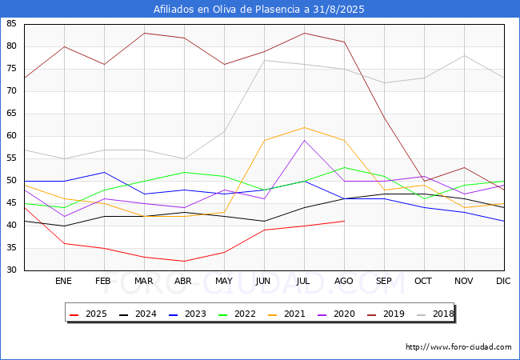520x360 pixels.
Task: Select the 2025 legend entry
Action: (88, 314)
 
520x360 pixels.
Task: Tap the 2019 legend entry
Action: (386, 314)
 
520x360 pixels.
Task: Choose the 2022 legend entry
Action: (237, 314)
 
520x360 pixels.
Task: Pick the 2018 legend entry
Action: (435, 314)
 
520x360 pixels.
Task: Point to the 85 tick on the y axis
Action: (11, 23)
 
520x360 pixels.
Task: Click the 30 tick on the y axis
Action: (11, 270)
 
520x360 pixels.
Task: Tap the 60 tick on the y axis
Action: (11, 135)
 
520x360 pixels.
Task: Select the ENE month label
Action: (63, 281)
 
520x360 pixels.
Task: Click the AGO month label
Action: (343, 281)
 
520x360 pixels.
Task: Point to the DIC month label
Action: (503, 281)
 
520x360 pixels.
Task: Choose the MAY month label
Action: (224, 281)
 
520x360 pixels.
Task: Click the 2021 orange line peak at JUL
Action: (304, 127)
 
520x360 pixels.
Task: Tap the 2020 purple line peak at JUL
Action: (304, 141)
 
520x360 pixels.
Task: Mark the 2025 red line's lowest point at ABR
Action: (184, 262)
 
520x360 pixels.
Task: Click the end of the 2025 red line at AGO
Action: (345, 221)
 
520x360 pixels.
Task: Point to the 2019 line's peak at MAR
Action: (144, 33)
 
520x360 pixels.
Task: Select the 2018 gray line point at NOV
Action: (464, 56)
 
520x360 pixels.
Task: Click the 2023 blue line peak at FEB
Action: (105, 172)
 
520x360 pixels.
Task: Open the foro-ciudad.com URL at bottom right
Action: (458, 347)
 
